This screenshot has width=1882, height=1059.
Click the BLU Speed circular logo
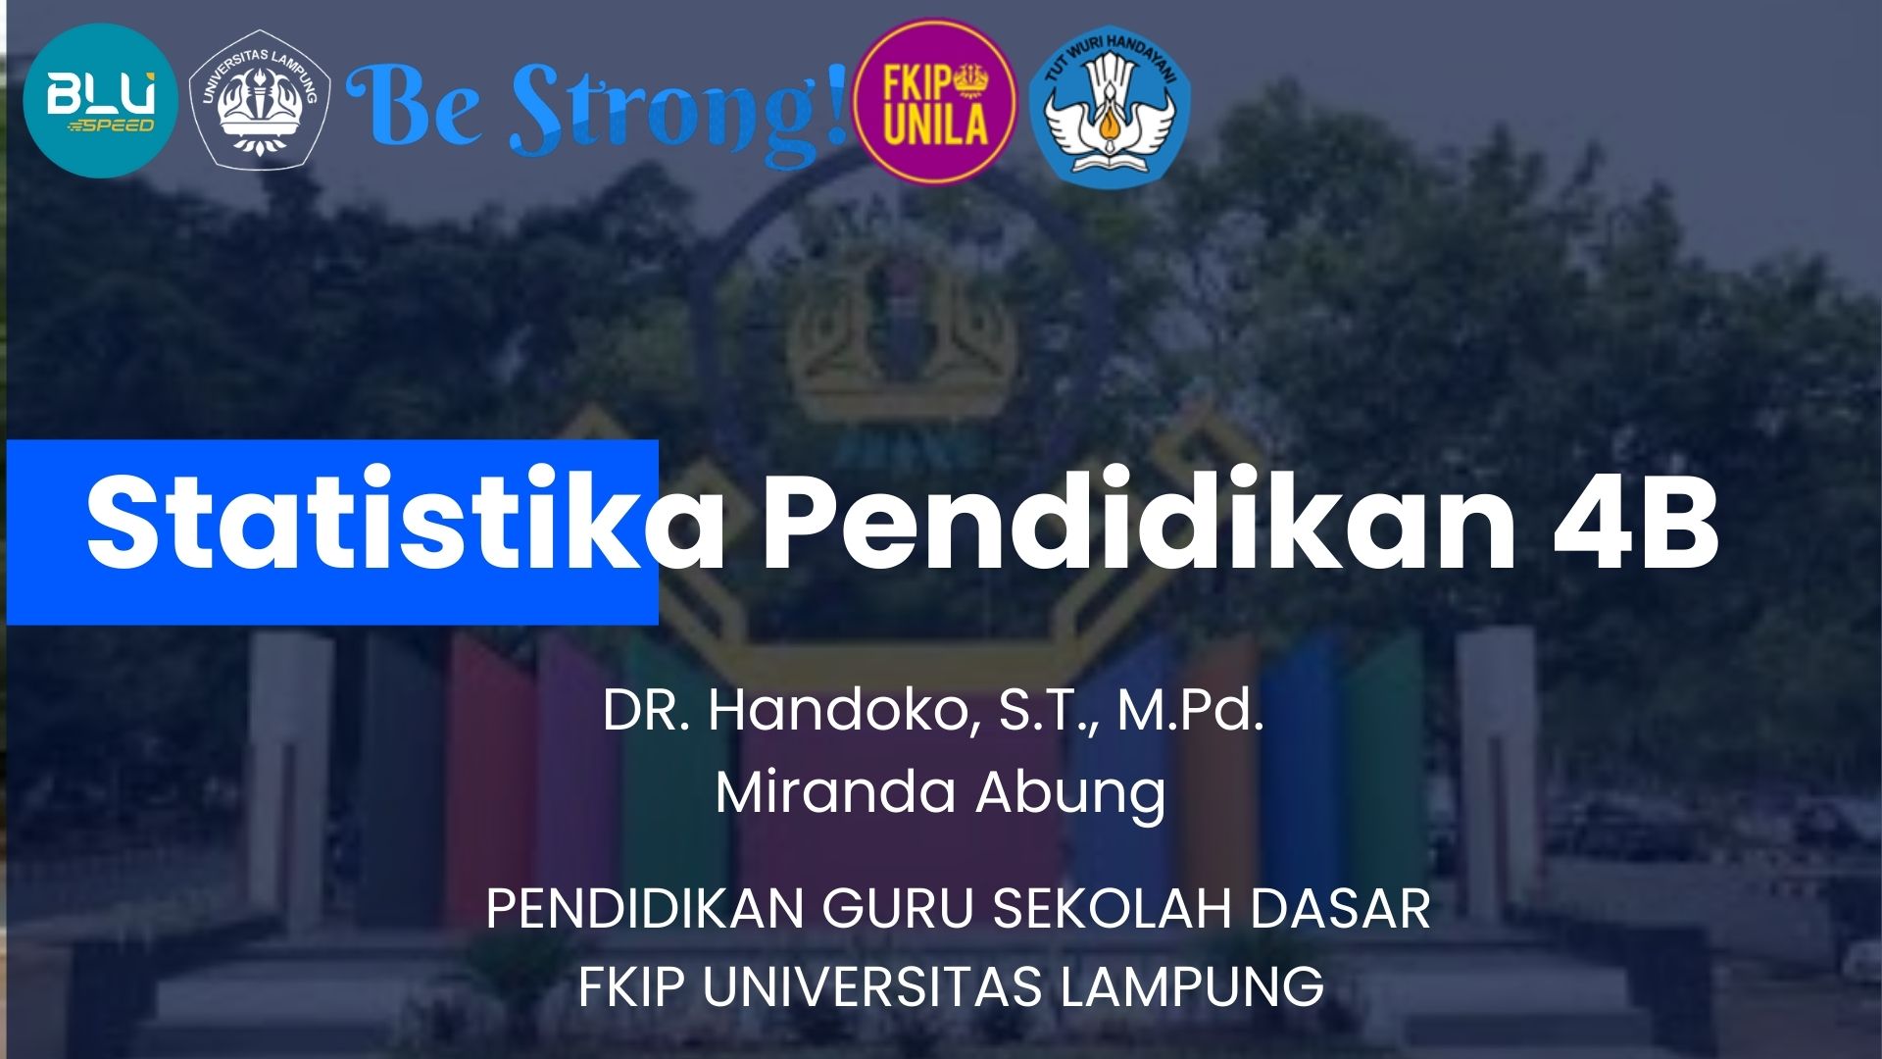click(x=100, y=101)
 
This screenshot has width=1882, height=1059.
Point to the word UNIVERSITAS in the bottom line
click(x=872, y=985)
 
